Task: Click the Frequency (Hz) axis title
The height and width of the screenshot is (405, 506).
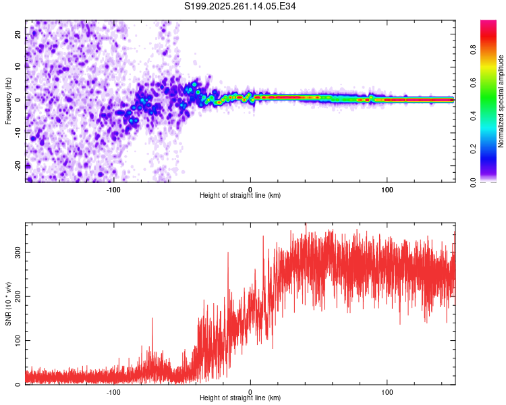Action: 8,101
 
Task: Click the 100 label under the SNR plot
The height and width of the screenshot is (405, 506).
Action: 387,391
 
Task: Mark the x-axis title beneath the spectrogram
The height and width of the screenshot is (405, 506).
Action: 240,196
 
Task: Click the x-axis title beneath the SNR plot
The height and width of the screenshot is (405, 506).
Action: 240,398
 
